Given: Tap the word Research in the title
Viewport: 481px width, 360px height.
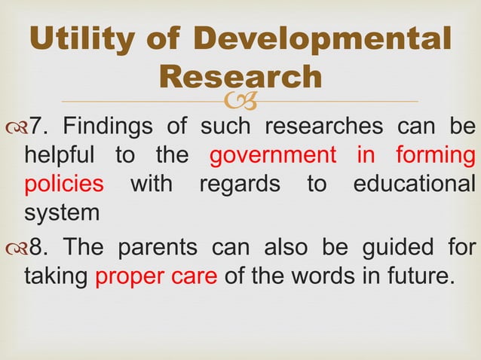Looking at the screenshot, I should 241,76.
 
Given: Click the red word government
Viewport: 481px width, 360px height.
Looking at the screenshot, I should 272,156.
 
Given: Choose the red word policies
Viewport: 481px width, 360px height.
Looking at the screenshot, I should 63,185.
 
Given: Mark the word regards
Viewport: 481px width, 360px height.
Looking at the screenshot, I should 240,185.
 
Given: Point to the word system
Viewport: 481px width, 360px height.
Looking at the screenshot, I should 62,213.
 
